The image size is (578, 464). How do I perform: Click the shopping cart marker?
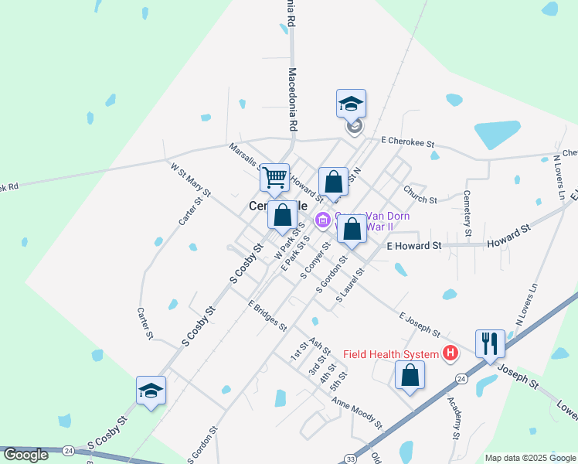274,178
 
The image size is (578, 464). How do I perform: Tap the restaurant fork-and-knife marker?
490,343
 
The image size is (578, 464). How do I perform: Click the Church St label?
420,193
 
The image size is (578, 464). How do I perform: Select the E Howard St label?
413,245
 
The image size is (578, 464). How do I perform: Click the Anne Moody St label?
357,413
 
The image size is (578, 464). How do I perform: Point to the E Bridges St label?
267,315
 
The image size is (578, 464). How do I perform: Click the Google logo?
25,455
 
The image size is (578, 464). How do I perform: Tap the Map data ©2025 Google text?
529,458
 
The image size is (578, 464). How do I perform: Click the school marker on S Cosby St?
151,391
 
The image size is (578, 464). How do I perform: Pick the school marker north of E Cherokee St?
351,104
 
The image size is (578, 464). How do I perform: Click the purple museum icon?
323,221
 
